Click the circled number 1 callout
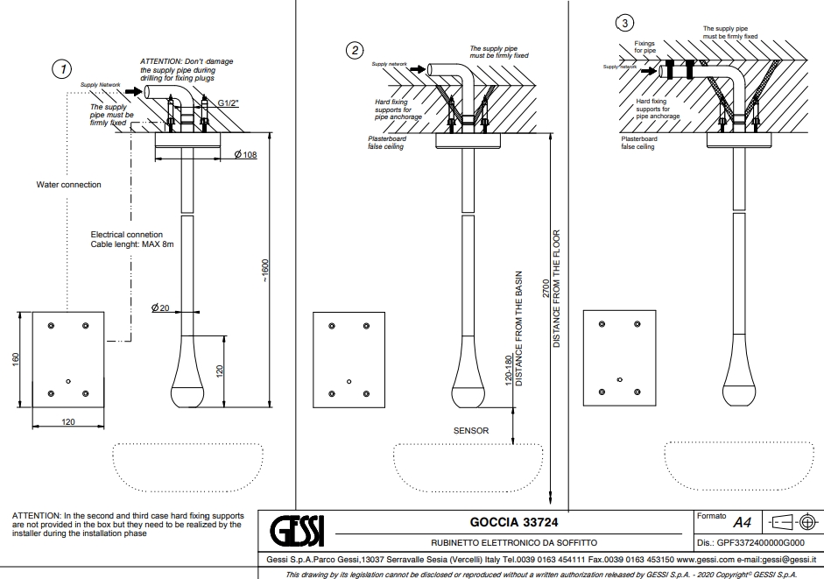61,67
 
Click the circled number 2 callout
355,50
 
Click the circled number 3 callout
623,22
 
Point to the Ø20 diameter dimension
160,307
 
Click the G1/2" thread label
228,103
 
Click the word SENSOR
471,431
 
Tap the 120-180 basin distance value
508,371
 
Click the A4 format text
742,523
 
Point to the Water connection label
68,185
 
